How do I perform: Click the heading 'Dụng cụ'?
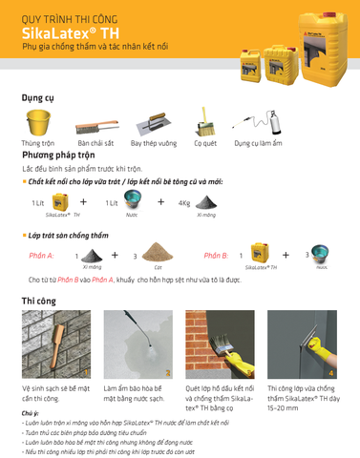(x=37, y=96)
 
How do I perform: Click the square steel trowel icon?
(x=153, y=125)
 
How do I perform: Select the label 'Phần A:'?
(x=41, y=257)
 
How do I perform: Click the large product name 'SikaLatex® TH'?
(x=72, y=33)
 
